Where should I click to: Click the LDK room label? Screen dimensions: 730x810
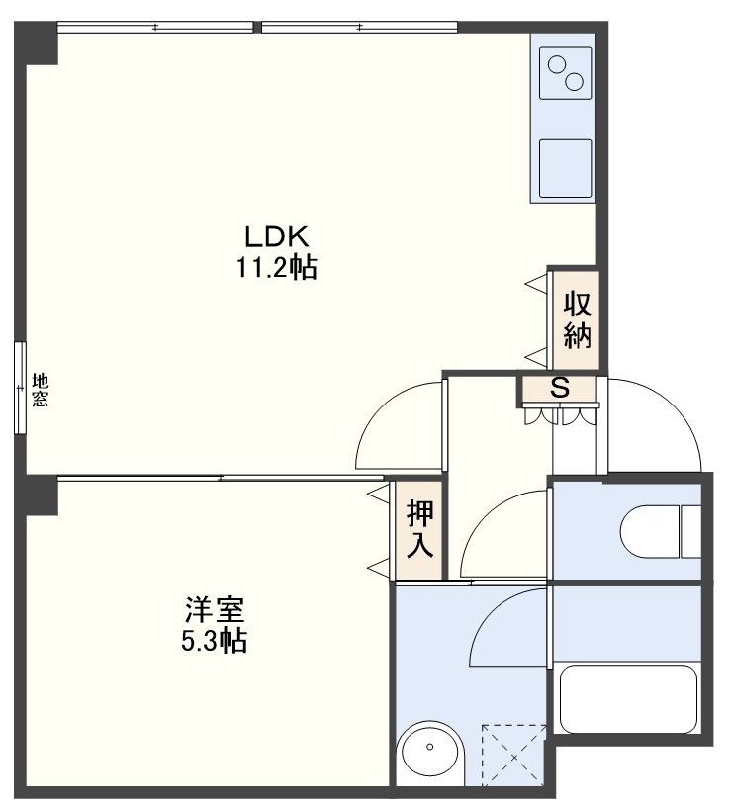276,237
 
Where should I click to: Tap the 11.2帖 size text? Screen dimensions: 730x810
276,268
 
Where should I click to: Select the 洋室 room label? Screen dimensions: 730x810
215,609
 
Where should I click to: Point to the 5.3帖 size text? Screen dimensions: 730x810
214,641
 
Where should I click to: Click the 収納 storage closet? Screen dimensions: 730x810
576,320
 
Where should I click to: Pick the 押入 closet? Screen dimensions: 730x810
419,529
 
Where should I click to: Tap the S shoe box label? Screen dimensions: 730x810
560,388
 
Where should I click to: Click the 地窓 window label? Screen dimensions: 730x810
41,390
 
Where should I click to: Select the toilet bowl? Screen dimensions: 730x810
650,531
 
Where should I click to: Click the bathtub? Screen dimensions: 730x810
629,699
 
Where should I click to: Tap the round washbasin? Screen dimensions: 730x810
430,747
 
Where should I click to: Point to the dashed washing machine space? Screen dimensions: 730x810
514,756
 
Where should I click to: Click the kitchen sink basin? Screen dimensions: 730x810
565,168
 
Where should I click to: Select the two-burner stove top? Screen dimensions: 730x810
565,73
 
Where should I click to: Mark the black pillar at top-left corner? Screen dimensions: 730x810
36,44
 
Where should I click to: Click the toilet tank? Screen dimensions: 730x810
690,531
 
